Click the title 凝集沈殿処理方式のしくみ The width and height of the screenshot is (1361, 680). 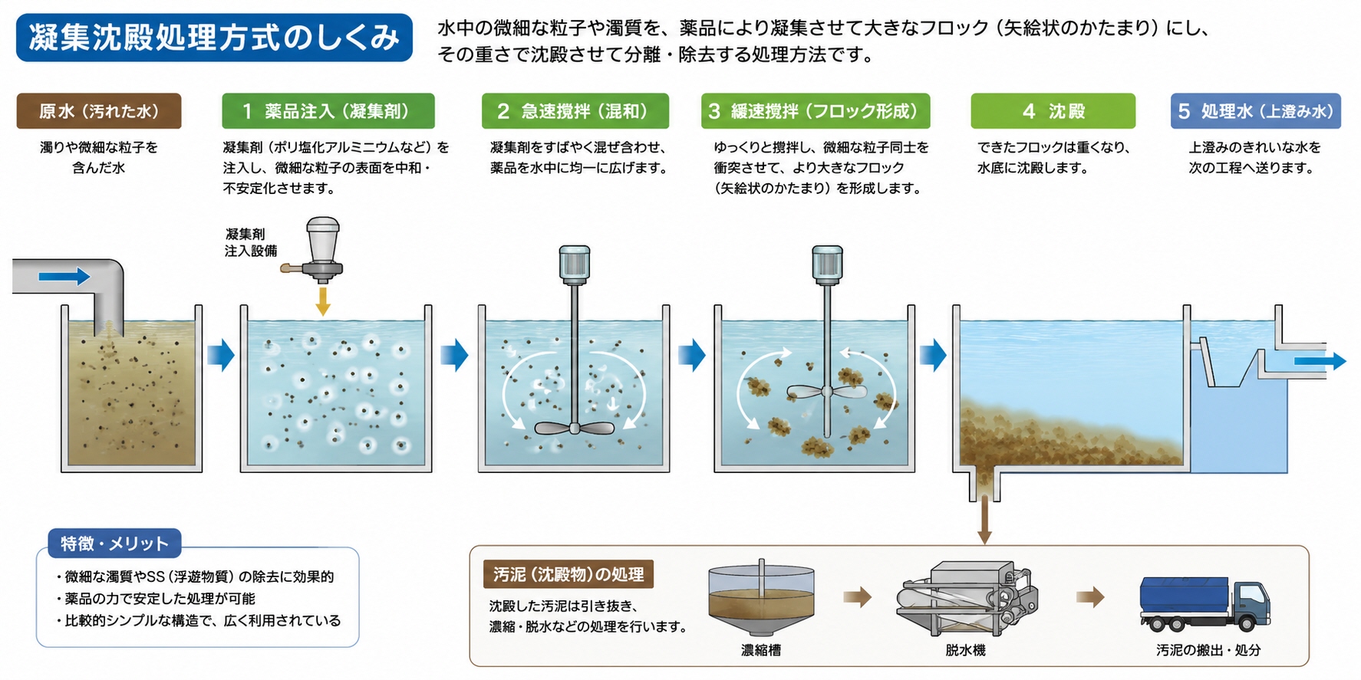click(x=214, y=37)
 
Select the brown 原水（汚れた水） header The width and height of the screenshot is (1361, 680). click(x=99, y=111)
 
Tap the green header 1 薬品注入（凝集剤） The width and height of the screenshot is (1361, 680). click(x=328, y=111)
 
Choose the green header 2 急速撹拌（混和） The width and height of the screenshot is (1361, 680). click(x=575, y=111)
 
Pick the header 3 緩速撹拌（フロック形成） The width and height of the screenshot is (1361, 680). click(x=816, y=111)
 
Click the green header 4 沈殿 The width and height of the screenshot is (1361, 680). click(x=1053, y=111)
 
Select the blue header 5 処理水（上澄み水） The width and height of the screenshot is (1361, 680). click(x=1256, y=111)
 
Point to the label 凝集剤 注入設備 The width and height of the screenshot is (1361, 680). click(x=251, y=242)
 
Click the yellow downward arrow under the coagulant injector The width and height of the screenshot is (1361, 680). click(x=323, y=300)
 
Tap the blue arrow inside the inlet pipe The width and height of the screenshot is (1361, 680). click(x=64, y=276)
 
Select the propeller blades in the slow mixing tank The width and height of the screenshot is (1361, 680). click(x=826, y=392)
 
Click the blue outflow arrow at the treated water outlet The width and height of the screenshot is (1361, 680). click(x=1320, y=361)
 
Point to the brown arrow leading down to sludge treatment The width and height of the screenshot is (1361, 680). click(x=984, y=519)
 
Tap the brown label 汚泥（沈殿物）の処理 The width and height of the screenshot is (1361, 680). click(x=568, y=574)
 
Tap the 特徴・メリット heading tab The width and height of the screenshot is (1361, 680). click(x=114, y=544)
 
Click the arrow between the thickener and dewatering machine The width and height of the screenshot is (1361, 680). click(x=857, y=596)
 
